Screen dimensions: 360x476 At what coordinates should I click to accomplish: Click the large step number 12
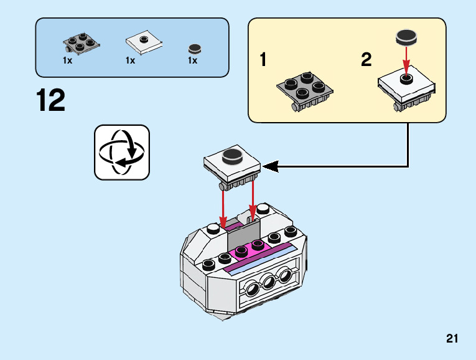[x=50, y=100]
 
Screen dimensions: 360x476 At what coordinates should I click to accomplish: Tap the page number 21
[x=452, y=339]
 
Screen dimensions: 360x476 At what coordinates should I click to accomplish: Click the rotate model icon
[x=122, y=153]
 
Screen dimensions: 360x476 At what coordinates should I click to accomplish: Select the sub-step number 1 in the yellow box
[x=263, y=60]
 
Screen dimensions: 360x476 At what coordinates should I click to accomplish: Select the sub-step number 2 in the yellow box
[x=366, y=60]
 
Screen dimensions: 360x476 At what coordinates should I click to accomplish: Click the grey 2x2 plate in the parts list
[x=78, y=44]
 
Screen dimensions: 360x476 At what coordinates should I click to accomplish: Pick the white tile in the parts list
[x=144, y=42]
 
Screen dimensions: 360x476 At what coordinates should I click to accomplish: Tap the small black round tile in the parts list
[x=195, y=49]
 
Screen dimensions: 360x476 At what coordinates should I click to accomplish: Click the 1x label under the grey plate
[x=67, y=61]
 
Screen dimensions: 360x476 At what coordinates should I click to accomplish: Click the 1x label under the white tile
[x=130, y=61]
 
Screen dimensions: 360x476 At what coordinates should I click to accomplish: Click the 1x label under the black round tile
[x=192, y=61]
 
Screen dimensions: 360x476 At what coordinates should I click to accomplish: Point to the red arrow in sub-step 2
[x=406, y=60]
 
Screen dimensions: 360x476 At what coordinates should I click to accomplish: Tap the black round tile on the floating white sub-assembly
[x=231, y=156]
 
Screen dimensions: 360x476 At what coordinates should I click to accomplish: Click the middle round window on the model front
[x=268, y=283]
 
